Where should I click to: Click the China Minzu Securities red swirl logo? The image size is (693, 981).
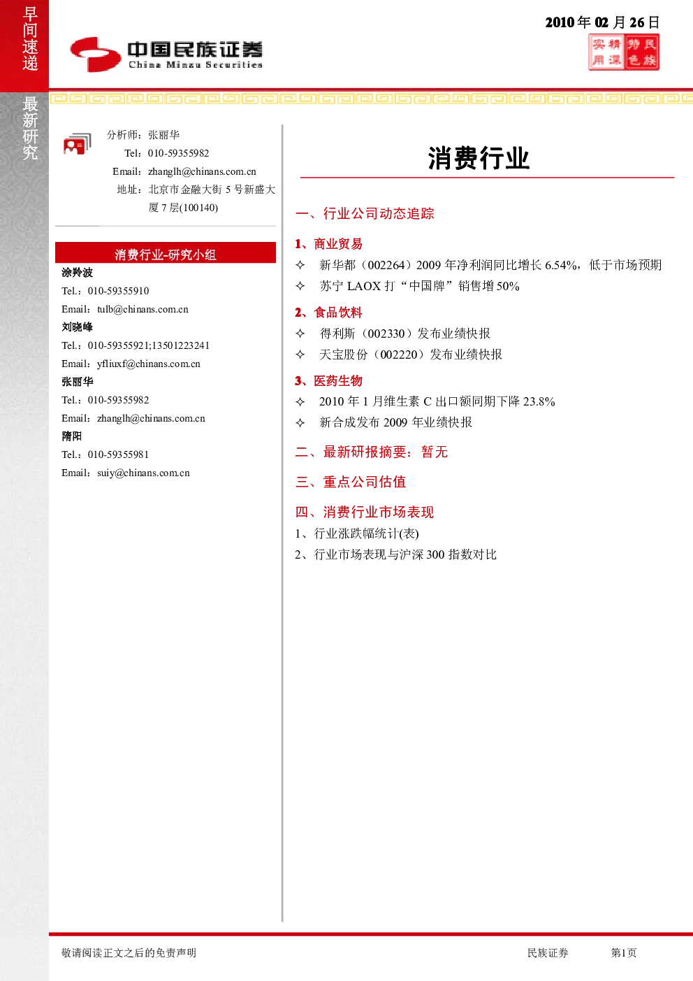(96, 55)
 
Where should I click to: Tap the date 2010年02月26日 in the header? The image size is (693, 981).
(602, 22)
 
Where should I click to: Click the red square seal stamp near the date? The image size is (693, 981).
(624, 52)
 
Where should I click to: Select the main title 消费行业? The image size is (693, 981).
(479, 158)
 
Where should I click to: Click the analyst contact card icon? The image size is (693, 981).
(78, 144)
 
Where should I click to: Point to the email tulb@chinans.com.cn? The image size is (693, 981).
(143, 309)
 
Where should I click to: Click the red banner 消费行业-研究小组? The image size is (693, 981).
(166, 252)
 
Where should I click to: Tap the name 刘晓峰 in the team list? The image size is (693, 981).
(77, 327)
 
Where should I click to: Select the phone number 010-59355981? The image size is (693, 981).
(118, 454)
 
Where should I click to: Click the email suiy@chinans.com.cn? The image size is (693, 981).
(143, 473)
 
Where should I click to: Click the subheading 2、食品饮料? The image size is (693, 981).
(328, 313)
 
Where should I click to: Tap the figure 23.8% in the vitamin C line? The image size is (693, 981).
(539, 401)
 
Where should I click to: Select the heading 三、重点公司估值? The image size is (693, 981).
(351, 482)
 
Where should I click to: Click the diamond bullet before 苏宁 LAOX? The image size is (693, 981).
(300, 286)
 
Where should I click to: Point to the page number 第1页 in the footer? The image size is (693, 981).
(623, 952)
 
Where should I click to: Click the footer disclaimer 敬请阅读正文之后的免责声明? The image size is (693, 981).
(129, 952)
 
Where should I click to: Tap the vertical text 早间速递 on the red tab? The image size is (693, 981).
(30, 38)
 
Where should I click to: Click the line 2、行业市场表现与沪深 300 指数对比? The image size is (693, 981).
(395, 554)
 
